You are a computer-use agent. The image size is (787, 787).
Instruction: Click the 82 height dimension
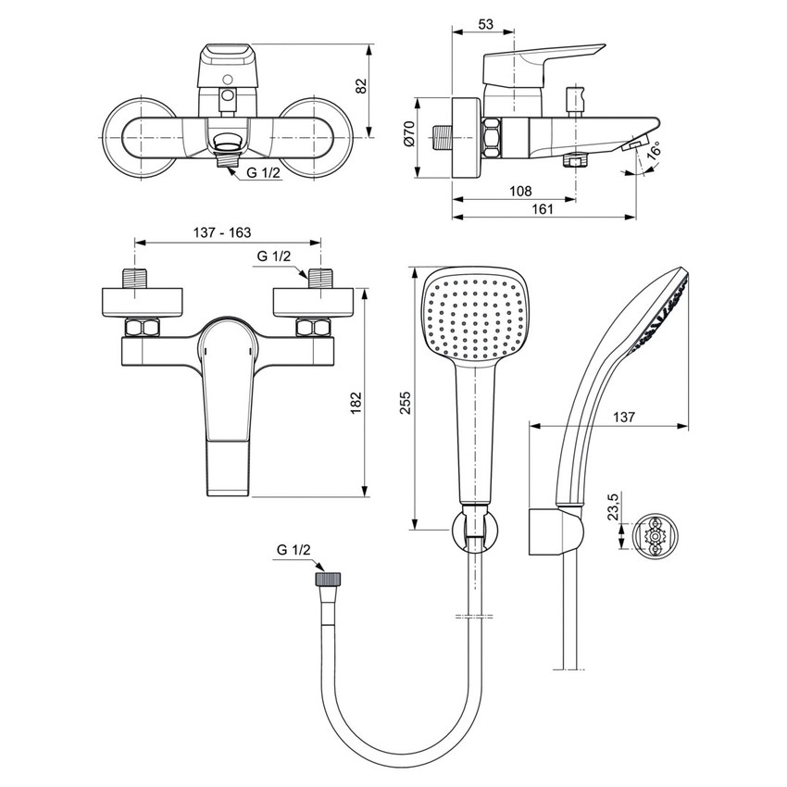(x=362, y=85)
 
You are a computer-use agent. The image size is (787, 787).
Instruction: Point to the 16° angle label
(x=655, y=150)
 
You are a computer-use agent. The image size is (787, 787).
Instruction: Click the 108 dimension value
(x=520, y=191)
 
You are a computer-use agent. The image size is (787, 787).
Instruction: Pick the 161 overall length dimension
(x=543, y=209)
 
